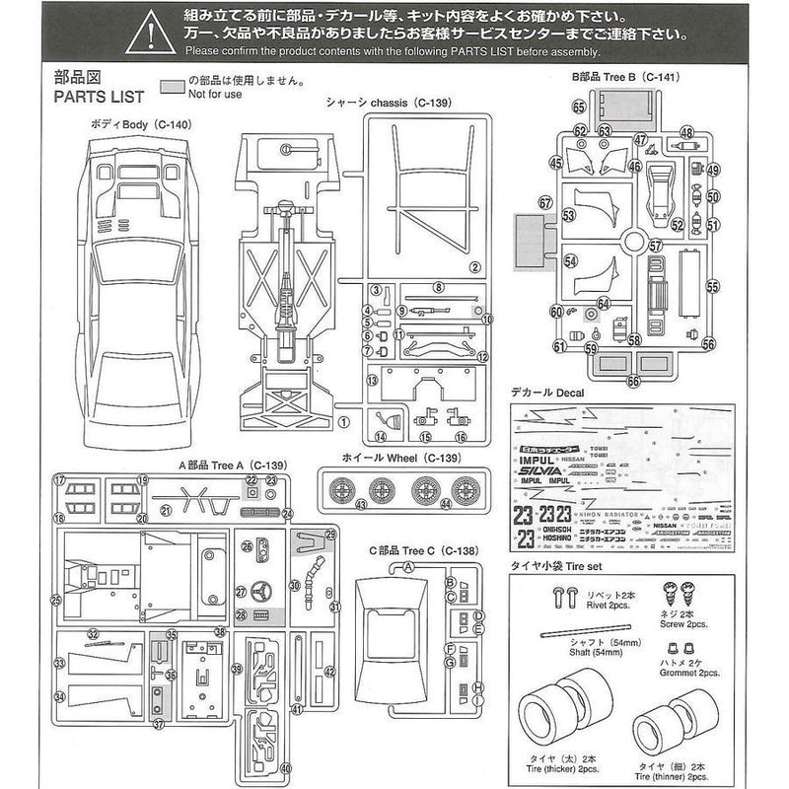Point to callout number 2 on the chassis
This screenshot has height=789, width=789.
[473, 266]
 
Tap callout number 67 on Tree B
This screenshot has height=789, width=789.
[543, 202]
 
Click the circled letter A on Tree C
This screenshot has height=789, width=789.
[407, 566]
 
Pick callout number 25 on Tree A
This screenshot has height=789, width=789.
[56, 599]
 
